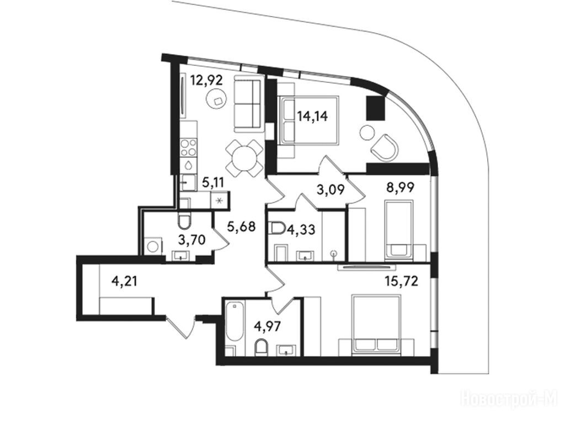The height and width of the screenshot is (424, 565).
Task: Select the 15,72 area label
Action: tap(402, 280)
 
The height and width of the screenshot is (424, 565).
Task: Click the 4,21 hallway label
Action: tap(124, 280)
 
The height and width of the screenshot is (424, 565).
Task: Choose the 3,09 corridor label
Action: tap(330, 189)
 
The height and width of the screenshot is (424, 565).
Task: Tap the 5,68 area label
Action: tap(242, 226)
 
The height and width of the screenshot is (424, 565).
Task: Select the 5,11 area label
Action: tap(214, 183)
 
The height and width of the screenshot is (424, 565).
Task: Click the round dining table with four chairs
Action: tap(244, 158)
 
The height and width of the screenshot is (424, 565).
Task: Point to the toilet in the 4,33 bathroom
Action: tap(277, 228)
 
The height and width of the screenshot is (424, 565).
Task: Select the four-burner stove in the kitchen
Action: tap(189, 148)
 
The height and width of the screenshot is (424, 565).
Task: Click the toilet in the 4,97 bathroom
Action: tap(261, 348)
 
